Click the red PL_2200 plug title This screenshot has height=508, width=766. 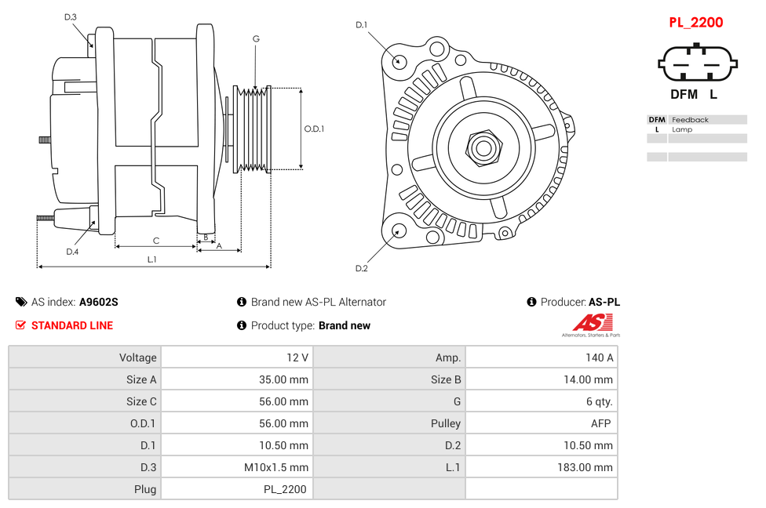695,22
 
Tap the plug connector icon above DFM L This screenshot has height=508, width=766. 696,63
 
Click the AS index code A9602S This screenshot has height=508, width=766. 98,302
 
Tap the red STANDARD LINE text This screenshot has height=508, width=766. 71,325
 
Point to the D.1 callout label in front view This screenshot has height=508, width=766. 361,25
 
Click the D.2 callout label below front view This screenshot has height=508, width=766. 361,269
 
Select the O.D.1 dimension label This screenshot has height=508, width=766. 314,129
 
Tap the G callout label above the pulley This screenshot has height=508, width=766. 256,38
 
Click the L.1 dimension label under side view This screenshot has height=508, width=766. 151,259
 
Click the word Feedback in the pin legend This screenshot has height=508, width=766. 690,120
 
